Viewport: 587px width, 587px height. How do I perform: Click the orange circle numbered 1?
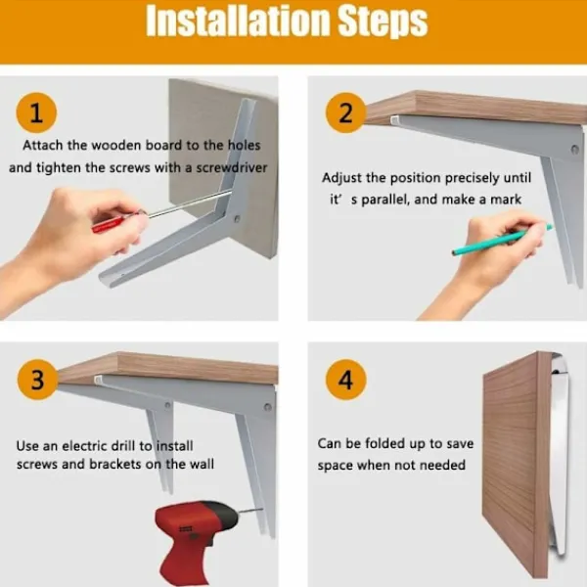36,113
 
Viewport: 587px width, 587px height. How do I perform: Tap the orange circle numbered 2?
345,113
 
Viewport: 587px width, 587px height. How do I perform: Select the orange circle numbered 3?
37,380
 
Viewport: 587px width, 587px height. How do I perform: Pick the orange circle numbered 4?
345,380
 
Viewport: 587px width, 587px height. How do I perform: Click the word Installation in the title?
237,21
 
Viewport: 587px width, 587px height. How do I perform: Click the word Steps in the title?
383,22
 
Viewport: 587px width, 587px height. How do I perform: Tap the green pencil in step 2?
502,239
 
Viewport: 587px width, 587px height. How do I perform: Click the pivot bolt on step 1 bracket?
237,218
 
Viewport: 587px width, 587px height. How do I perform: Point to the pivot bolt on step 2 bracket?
574,150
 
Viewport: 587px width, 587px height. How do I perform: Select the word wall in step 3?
202,464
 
